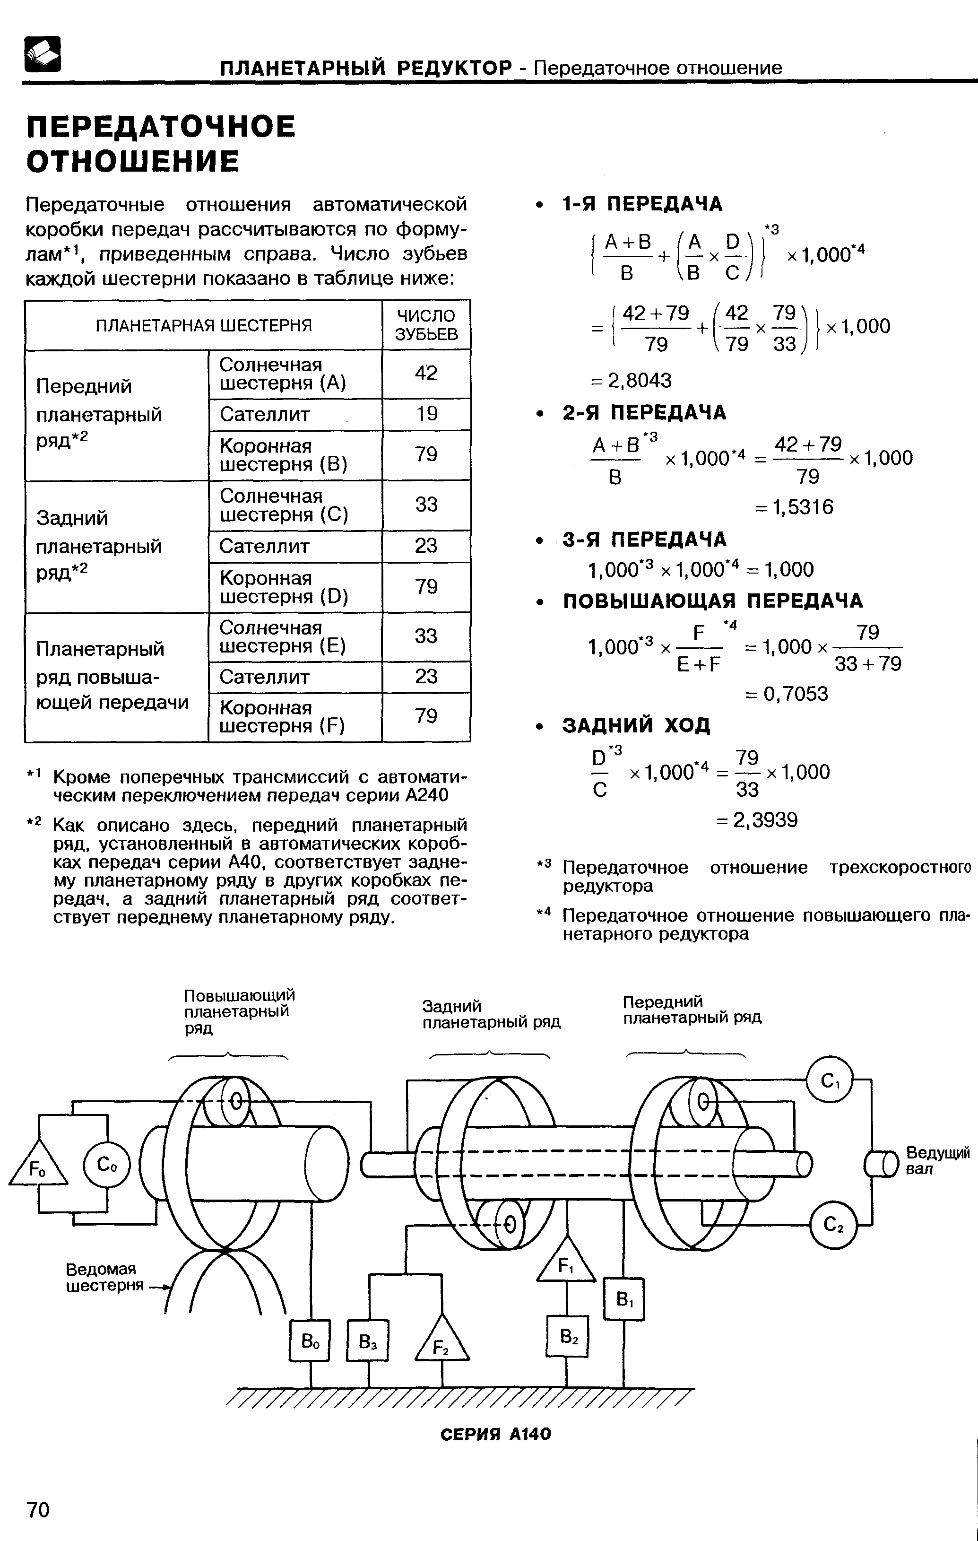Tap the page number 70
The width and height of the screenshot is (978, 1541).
pos(38,1510)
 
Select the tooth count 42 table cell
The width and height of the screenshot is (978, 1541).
pos(426,373)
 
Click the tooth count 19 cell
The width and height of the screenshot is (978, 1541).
pos(426,414)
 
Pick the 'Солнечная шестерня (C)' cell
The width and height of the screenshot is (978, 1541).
pos(295,505)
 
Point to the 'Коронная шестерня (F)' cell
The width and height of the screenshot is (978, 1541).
pos(295,717)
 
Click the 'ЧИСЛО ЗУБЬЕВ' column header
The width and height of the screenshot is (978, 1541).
pos(426,324)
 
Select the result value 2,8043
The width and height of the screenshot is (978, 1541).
pos(631,380)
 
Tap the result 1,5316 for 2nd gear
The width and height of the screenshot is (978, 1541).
pos(794,507)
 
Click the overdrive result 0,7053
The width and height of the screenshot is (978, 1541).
pos(787,693)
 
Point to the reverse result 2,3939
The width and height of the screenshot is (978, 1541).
pos(757,820)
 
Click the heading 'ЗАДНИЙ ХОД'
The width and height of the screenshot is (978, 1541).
pos(636,725)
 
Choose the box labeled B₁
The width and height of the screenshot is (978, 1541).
pos(623,1299)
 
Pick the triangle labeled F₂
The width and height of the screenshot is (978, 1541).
pos(441,1342)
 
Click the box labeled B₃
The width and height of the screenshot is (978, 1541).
pos(367,1341)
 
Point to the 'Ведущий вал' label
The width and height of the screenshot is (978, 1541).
pos(937,1160)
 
